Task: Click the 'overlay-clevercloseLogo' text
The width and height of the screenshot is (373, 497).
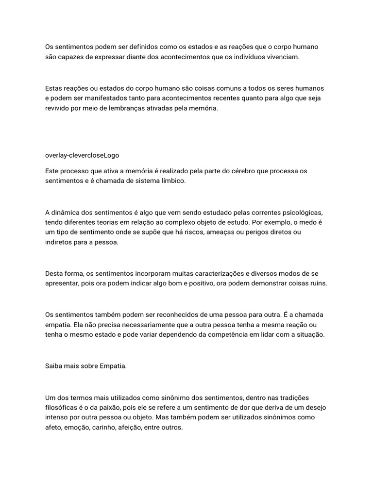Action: point(82,156)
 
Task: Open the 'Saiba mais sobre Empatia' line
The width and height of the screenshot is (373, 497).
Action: point(86,366)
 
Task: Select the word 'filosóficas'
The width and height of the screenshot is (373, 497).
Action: point(62,408)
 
